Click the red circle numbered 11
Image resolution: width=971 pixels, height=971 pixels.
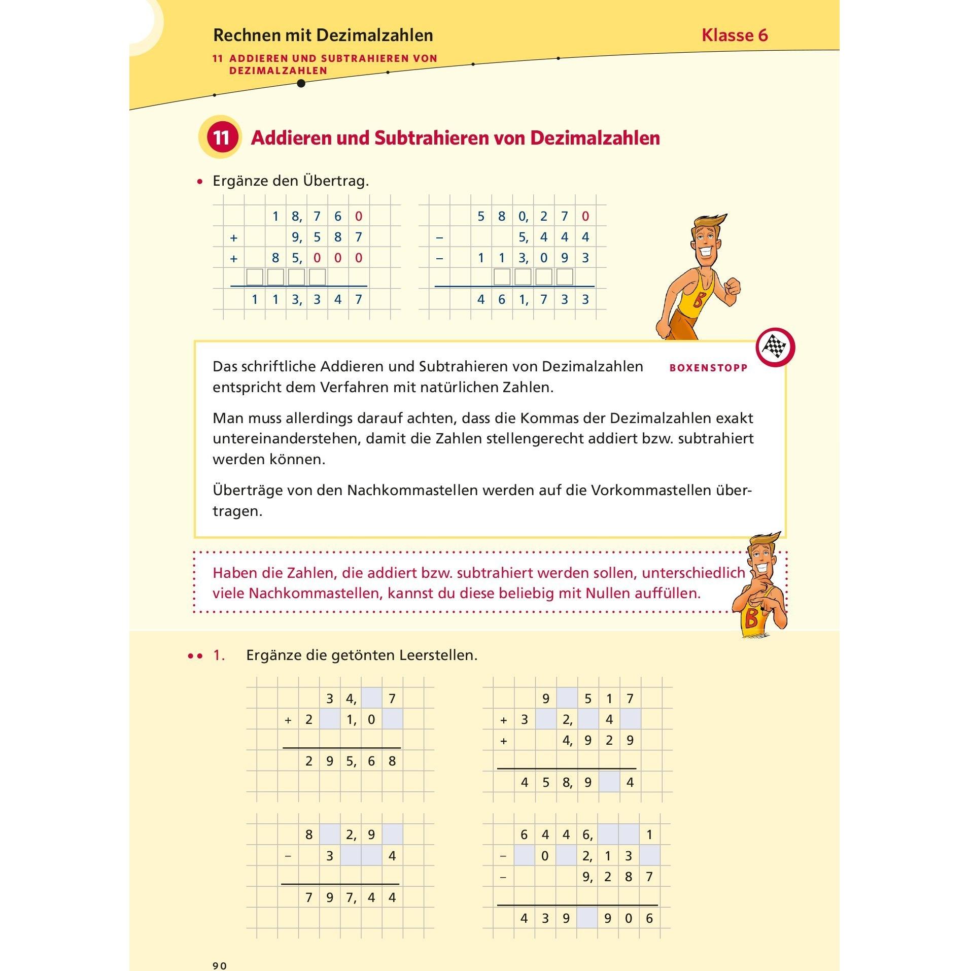pos(221,138)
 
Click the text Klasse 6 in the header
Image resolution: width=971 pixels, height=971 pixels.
pos(734,35)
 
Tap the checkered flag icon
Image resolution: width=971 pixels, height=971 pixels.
pos(775,348)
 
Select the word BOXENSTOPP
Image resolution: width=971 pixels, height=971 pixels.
pos(708,368)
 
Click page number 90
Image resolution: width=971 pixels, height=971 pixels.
pos(220,965)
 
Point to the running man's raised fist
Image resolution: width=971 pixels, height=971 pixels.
pos(732,290)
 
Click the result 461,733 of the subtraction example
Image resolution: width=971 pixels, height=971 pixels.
pos(533,299)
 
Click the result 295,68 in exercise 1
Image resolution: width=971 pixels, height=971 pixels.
pos(350,761)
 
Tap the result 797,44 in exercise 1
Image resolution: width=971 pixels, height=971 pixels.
pos(350,897)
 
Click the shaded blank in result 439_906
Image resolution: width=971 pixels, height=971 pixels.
pos(587,918)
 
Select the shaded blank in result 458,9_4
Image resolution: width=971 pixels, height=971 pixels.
pos(609,782)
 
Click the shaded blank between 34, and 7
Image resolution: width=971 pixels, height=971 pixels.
pos(371,699)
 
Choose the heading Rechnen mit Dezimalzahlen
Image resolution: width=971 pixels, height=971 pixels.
pos(323,35)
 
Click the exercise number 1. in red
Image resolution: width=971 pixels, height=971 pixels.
pos(219,655)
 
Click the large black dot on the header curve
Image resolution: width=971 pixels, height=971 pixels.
pos(301,83)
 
